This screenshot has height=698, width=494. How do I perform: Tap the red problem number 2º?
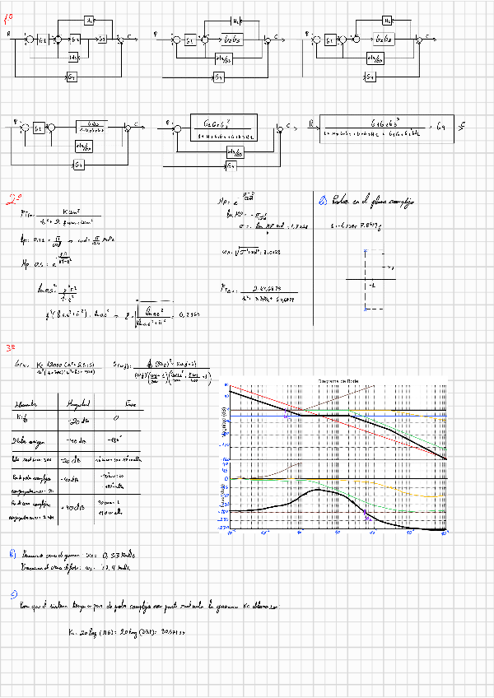click(x=13, y=198)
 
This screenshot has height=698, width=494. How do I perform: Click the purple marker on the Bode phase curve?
click(x=365, y=513)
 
